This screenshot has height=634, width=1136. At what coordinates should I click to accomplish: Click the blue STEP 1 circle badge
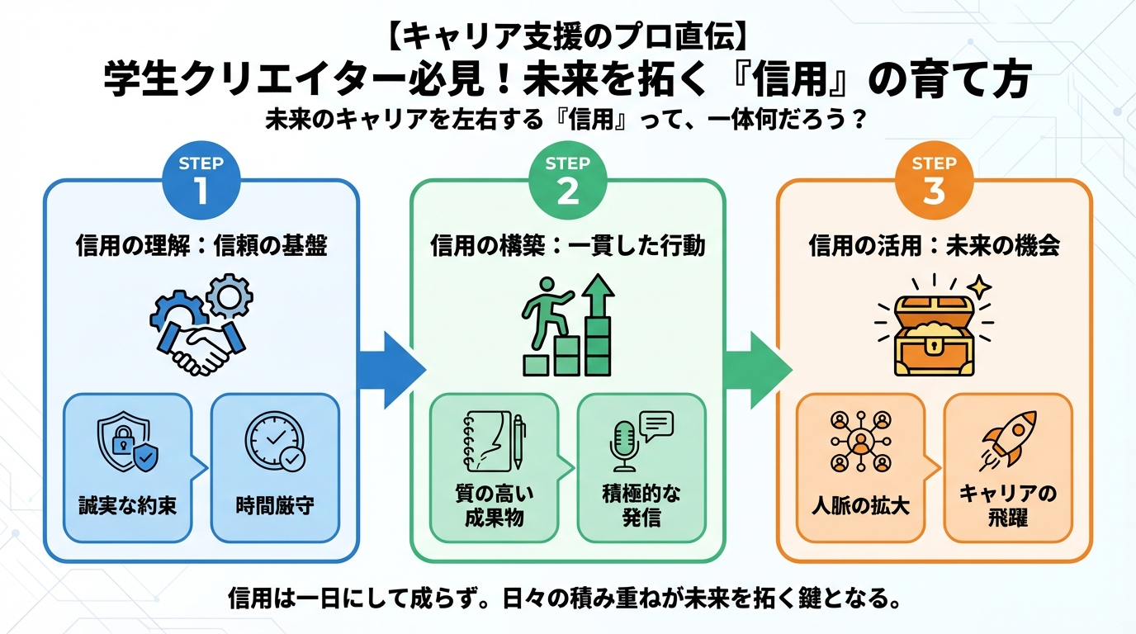tap(201, 180)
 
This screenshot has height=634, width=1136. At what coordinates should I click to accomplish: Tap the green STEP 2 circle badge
tap(567, 180)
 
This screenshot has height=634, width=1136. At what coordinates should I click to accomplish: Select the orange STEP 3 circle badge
tap(934, 180)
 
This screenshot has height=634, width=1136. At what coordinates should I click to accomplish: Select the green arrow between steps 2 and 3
tap(755, 362)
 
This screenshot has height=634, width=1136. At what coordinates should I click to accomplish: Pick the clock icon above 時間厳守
tap(274, 441)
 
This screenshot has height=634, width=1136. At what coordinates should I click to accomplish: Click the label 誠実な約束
tap(127, 505)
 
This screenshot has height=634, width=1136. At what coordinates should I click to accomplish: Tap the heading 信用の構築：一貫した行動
tap(568, 246)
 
